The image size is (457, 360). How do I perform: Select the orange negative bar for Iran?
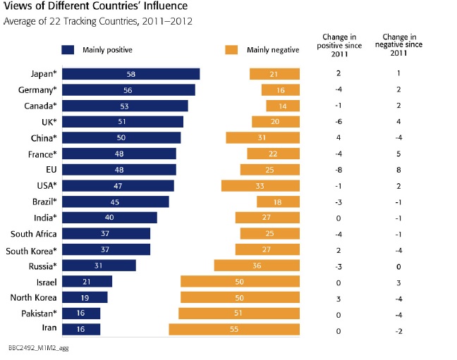(234, 329)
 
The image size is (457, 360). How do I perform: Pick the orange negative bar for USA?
(260, 185)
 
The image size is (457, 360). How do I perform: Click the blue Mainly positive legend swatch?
(68, 50)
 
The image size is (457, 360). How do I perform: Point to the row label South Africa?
(34, 233)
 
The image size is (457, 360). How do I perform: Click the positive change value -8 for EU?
(339, 170)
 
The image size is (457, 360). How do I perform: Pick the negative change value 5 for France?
(400, 154)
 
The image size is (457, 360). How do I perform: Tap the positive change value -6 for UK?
(339, 122)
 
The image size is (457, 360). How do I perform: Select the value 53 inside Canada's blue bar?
(124, 106)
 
